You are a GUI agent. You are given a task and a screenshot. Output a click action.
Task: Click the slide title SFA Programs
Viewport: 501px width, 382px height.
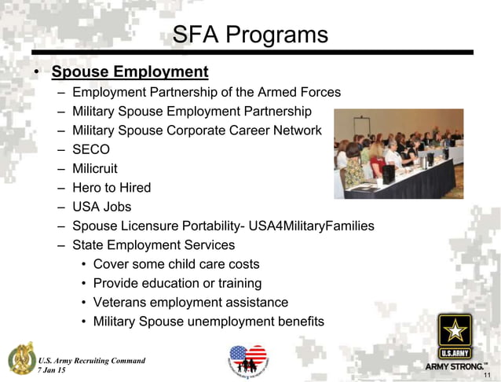coord(250,35)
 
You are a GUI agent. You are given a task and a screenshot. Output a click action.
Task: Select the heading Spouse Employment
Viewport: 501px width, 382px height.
coord(130,72)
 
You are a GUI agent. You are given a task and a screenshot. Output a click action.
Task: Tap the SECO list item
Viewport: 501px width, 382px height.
coord(91,149)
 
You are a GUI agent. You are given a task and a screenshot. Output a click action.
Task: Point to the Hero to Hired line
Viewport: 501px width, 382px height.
coord(112,188)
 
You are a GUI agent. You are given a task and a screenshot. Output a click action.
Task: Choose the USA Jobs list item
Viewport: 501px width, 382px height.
coord(102,208)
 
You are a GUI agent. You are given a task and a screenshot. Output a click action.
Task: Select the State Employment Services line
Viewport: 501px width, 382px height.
coord(153,245)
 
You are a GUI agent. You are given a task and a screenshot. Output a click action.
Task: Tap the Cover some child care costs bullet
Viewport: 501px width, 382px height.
coord(176,264)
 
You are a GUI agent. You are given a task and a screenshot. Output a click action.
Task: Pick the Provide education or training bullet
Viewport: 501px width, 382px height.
coord(177,283)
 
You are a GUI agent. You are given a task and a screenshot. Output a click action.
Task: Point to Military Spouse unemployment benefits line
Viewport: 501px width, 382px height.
coord(208,321)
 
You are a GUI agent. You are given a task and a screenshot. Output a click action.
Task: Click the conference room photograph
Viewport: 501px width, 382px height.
coord(398,153)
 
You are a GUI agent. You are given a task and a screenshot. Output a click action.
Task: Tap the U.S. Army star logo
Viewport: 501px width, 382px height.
coord(455,336)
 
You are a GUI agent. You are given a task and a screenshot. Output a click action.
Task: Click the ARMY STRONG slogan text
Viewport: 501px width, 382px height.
coord(455,366)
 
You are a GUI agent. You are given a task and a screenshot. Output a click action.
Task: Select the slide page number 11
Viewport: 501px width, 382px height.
coord(487,376)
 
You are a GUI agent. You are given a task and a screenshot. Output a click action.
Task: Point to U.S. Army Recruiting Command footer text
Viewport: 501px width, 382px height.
coord(92,361)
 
